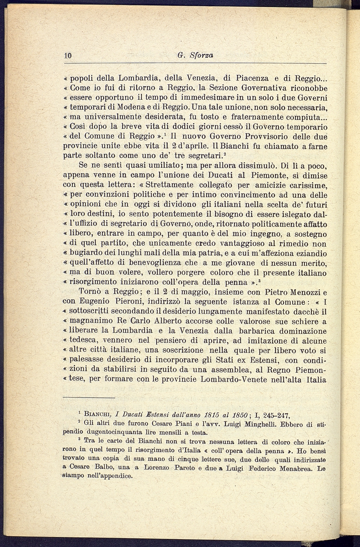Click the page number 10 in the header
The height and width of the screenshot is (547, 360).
[x=68, y=56]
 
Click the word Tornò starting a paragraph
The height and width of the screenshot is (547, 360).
[x=91, y=292]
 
